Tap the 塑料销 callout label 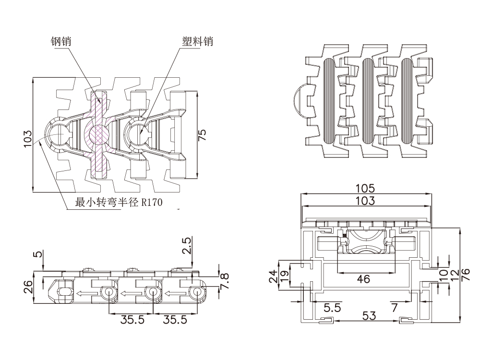197,42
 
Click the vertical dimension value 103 28,138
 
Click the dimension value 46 364,278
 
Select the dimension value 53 368,315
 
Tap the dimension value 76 465,274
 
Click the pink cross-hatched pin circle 99,132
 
